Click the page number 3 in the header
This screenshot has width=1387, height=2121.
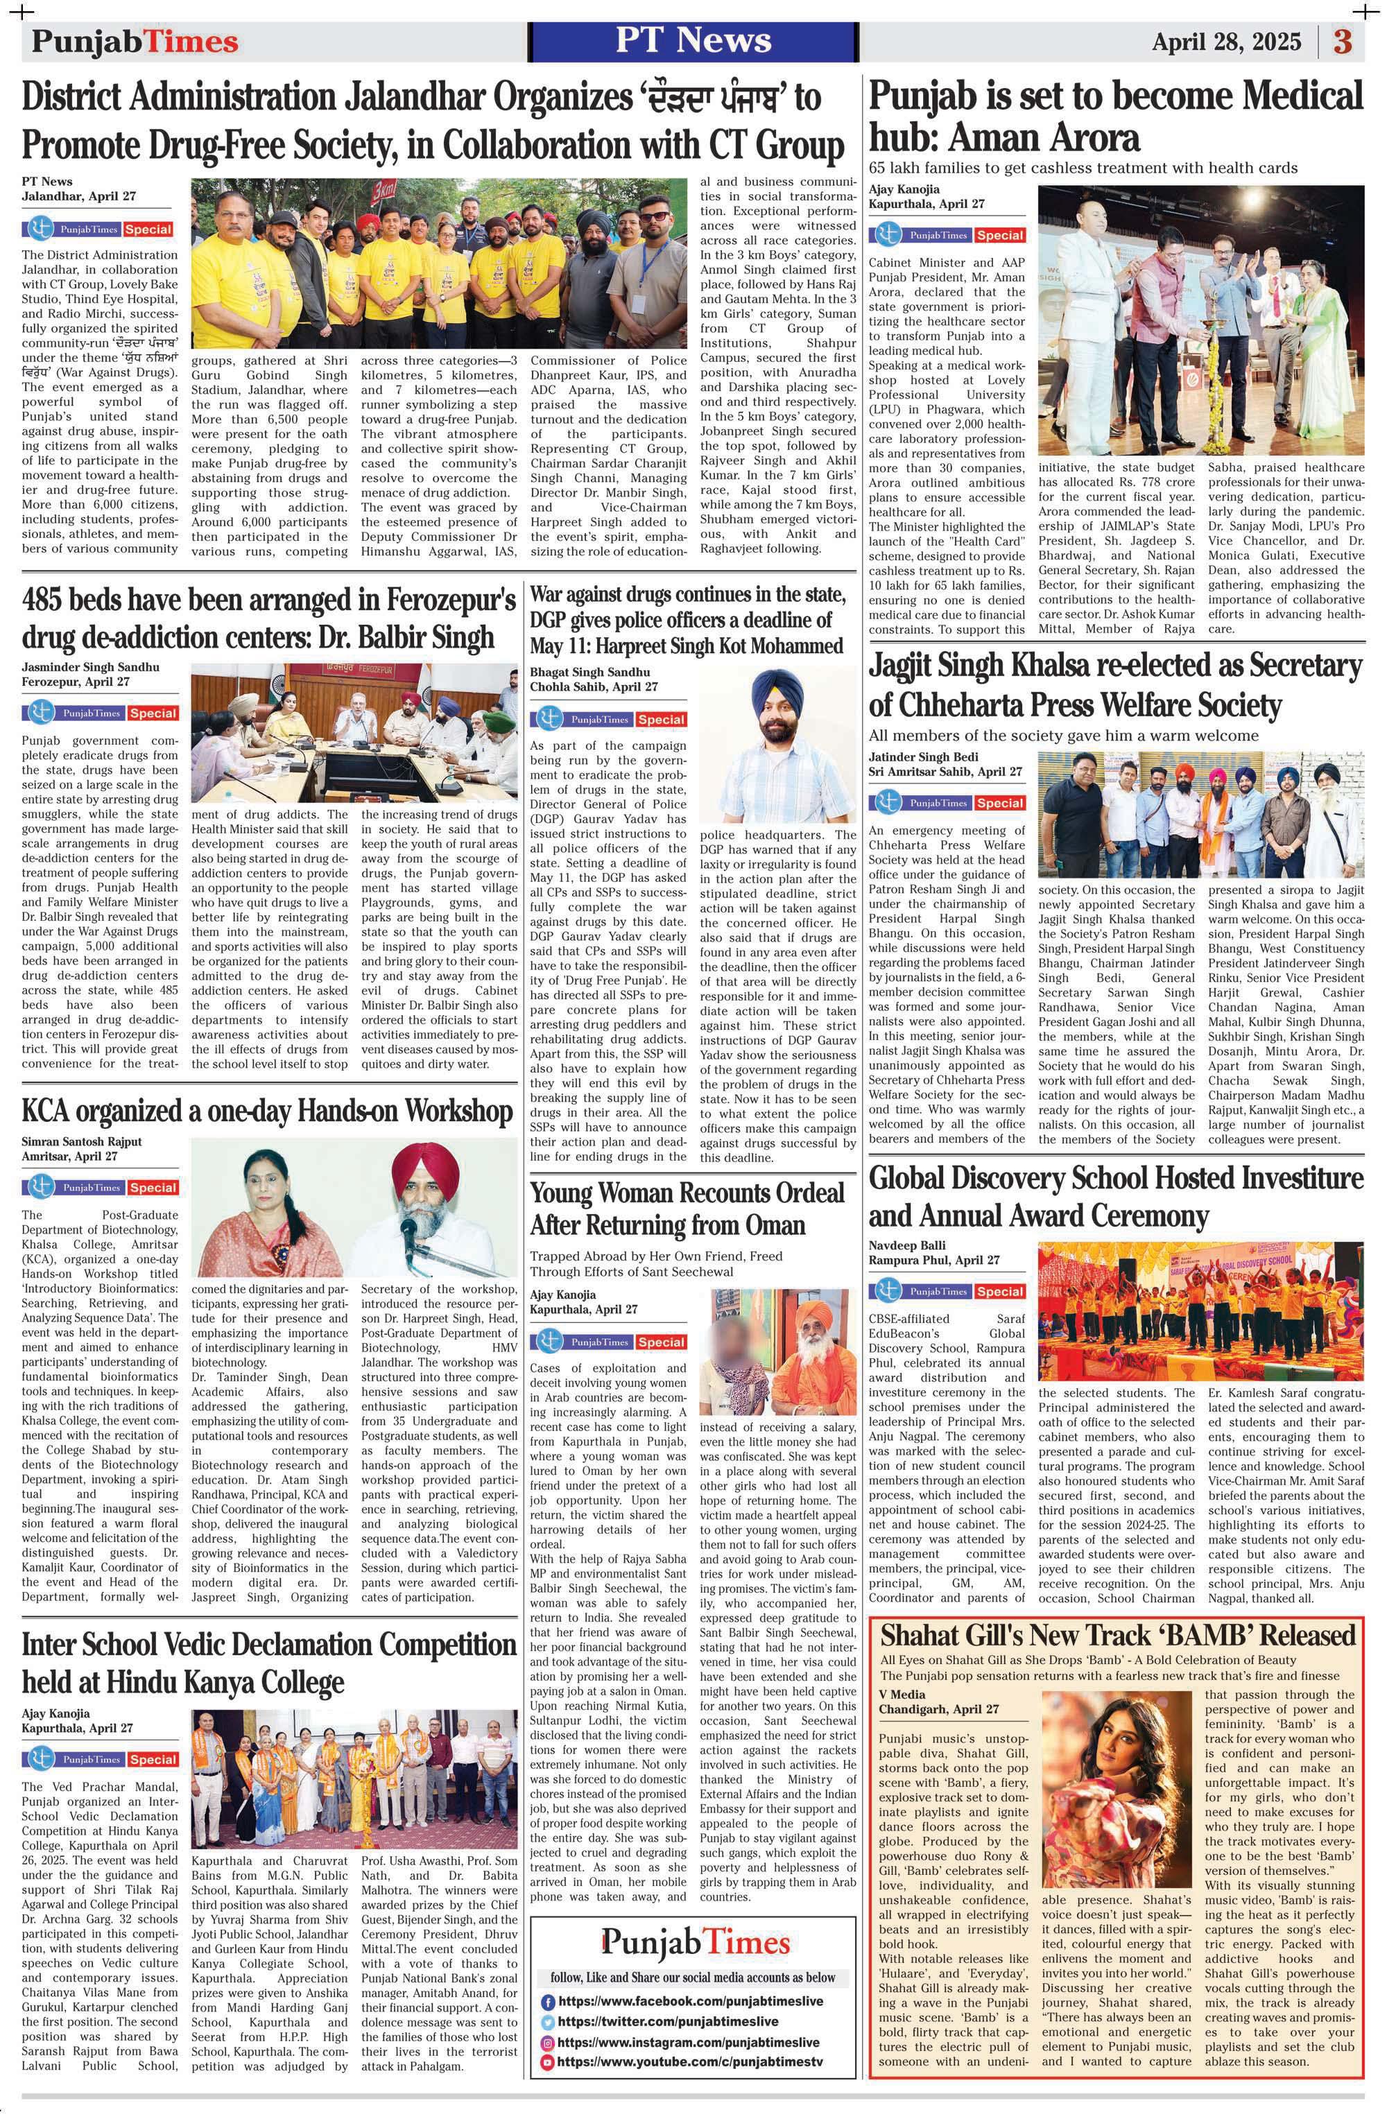pyautogui.click(x=1343, y=42)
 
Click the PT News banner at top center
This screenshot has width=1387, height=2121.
pyautogui.click(x=693, y=41)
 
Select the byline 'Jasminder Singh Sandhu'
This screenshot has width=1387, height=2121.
pyautogui.click(x=90, y=666)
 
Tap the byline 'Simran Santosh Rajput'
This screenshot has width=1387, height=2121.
pyautogui.click(x=81, y=1141)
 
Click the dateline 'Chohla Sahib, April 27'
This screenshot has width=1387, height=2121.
pyautogui.click(x=594, y=687)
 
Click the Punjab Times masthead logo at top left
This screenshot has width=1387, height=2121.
pyautogui.click(x=135, y=42)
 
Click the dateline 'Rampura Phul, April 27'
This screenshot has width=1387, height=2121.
pyautogui.click(x=934, y=1260)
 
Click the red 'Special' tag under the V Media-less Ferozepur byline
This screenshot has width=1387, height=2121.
pyautogui.click(x=153, y=713)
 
